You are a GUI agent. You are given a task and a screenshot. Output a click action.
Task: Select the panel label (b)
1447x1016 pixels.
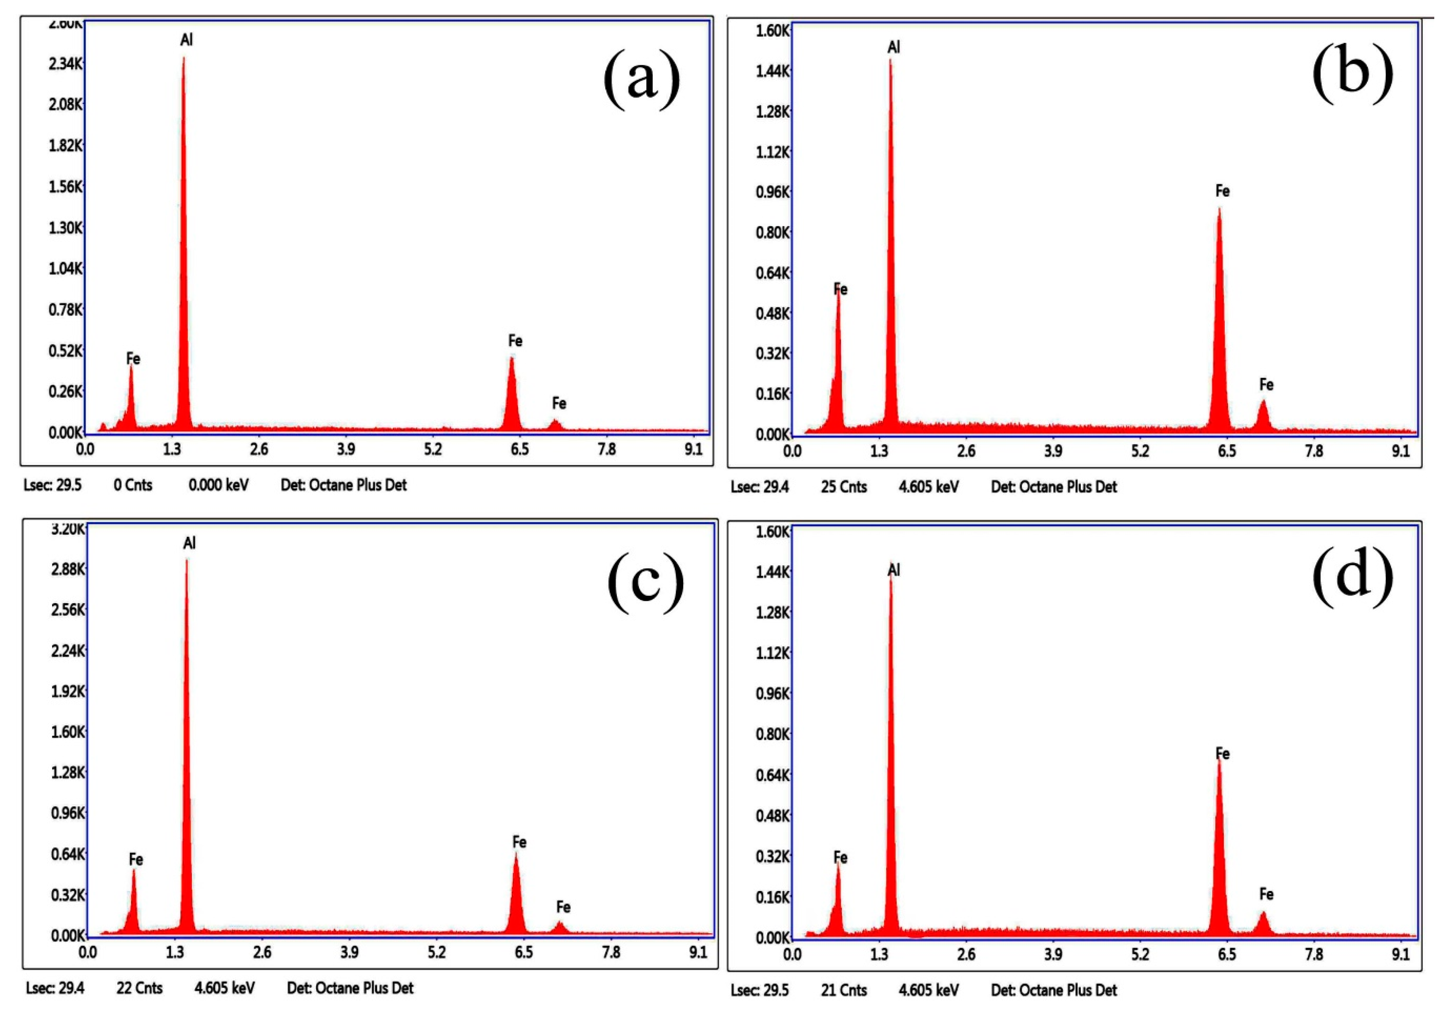tap(1353, 73)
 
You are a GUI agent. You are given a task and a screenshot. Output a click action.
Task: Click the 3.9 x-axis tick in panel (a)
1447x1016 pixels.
tap(345, 450)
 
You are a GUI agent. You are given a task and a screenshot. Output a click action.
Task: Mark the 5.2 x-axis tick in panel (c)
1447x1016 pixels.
tap(436, 952)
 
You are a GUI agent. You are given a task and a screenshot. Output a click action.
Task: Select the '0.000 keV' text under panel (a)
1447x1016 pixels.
tap(218, 485)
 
